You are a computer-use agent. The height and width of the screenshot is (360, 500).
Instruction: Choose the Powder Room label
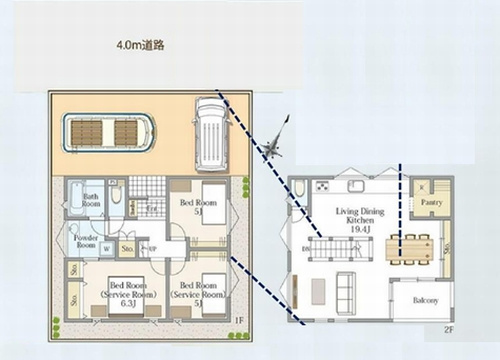pos(86,241)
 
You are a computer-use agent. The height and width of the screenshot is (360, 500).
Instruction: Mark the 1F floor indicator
pos(238,320)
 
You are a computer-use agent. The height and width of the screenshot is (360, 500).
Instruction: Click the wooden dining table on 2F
pos(410,248)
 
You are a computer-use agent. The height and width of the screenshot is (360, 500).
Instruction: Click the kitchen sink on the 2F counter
pos(357,186)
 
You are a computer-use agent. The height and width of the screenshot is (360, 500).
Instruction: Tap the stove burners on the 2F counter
pos(322,186)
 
